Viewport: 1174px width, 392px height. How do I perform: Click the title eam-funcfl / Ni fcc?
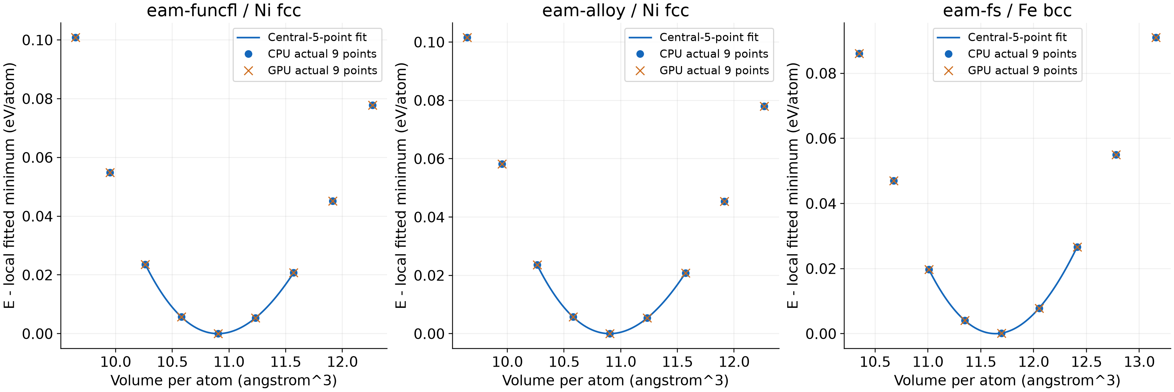tap(224, 10)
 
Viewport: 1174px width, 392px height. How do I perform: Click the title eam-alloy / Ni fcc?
tap(615, 10)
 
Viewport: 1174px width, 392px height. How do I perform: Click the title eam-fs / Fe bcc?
tap(1007, 10)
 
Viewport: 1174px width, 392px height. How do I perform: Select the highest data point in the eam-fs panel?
tap(1156, 37)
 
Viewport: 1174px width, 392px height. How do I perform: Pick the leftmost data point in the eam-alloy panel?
tap(467, 37)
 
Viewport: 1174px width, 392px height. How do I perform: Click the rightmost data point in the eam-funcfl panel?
tap(372, 105)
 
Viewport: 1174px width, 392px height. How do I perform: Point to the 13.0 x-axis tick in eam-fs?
tap(1139, 362)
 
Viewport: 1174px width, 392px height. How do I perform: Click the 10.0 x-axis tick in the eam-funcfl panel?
tap(115, 362)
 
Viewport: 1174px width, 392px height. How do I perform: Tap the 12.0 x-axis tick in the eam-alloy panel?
tap(734, 362)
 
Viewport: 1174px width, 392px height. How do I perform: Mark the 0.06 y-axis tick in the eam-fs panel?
tap(821, 138)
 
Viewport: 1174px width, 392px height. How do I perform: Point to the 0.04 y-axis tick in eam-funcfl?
tap(37, 216)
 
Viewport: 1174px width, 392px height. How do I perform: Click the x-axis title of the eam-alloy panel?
tap(615, 381)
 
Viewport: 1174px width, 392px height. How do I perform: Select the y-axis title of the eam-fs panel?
tap(793, 185)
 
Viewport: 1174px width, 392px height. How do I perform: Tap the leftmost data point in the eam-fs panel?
tap(859, 54)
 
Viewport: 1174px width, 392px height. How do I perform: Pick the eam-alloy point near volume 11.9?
tap(724, 202)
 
